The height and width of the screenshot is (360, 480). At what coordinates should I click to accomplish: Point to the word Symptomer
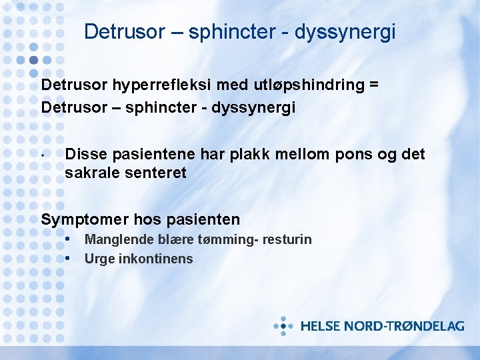84,219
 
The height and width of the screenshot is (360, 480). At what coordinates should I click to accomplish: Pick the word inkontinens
155,259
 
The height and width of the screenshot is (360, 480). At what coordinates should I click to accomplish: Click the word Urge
99,259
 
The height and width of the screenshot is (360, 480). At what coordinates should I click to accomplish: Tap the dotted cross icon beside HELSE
283,326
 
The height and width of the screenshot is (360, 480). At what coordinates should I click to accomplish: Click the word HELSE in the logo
321,326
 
